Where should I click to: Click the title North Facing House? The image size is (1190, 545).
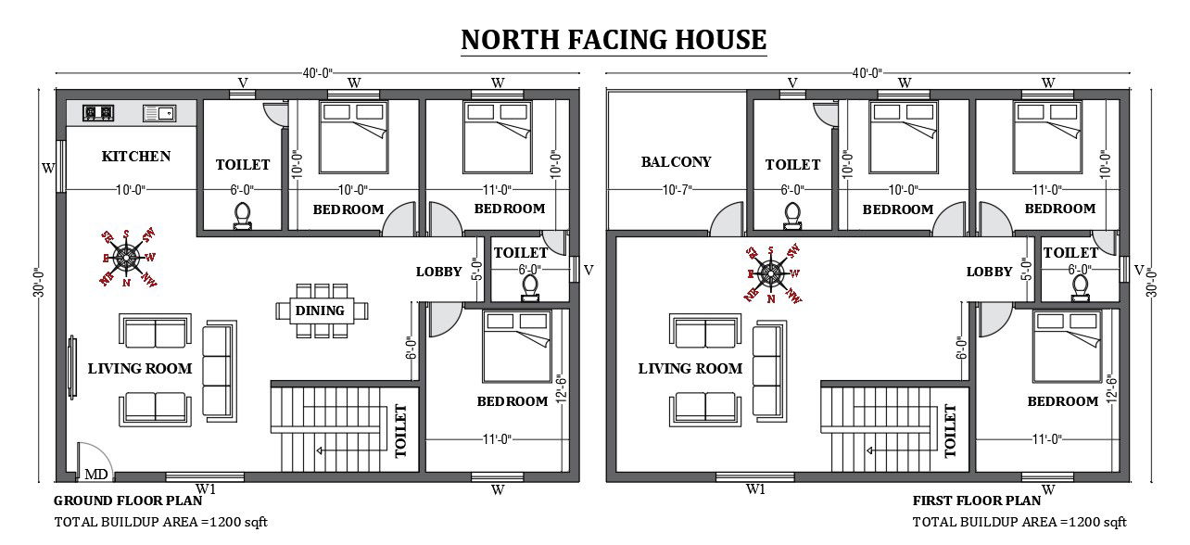(614, 40)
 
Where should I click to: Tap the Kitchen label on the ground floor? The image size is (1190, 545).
(136, 156)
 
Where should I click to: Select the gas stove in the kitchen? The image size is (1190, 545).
(98, 113)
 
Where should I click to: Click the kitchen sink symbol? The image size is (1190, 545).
(158, 113)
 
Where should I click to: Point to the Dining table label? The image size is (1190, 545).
(320, 311)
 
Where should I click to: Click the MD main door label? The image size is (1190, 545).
(95, 475)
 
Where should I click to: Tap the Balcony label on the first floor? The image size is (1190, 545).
(677, 161)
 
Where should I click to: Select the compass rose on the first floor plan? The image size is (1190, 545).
(770, 272)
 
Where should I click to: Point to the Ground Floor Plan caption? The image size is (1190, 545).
(128, 501)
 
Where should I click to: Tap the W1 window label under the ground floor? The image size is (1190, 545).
(205, 488)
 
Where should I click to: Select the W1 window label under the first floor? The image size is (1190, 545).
(755, 488)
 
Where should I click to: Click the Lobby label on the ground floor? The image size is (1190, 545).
(438, 272)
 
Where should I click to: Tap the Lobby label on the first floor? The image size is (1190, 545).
(989, 272)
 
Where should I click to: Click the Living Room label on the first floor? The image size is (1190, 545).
(690, 368)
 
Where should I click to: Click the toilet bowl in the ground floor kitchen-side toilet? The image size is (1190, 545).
(243, 214)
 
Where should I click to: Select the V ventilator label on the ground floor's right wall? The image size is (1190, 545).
(589, 270)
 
